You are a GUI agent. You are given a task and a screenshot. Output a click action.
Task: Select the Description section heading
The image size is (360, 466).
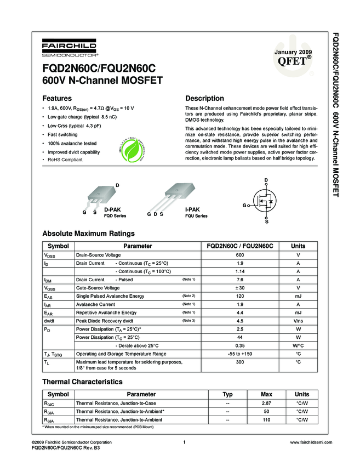204,99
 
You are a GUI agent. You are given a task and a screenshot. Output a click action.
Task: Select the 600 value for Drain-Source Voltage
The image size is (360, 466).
239,255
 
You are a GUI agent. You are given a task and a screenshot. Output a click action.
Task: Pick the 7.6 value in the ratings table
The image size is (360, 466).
239,280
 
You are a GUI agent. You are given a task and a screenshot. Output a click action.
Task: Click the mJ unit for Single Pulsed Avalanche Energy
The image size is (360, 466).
298,296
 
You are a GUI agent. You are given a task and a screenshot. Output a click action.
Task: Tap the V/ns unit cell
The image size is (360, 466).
298,321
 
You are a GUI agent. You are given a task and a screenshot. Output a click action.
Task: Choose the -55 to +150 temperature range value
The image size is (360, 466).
239,354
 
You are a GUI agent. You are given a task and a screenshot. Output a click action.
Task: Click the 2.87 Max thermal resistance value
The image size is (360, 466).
266,403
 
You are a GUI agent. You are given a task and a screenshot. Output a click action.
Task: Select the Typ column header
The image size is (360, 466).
227,394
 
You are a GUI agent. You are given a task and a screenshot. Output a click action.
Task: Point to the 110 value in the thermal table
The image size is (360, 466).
266,419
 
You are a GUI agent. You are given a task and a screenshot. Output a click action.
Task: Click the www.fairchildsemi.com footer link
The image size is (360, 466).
311,442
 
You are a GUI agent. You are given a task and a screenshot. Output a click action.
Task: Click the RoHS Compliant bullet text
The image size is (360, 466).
65,160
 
